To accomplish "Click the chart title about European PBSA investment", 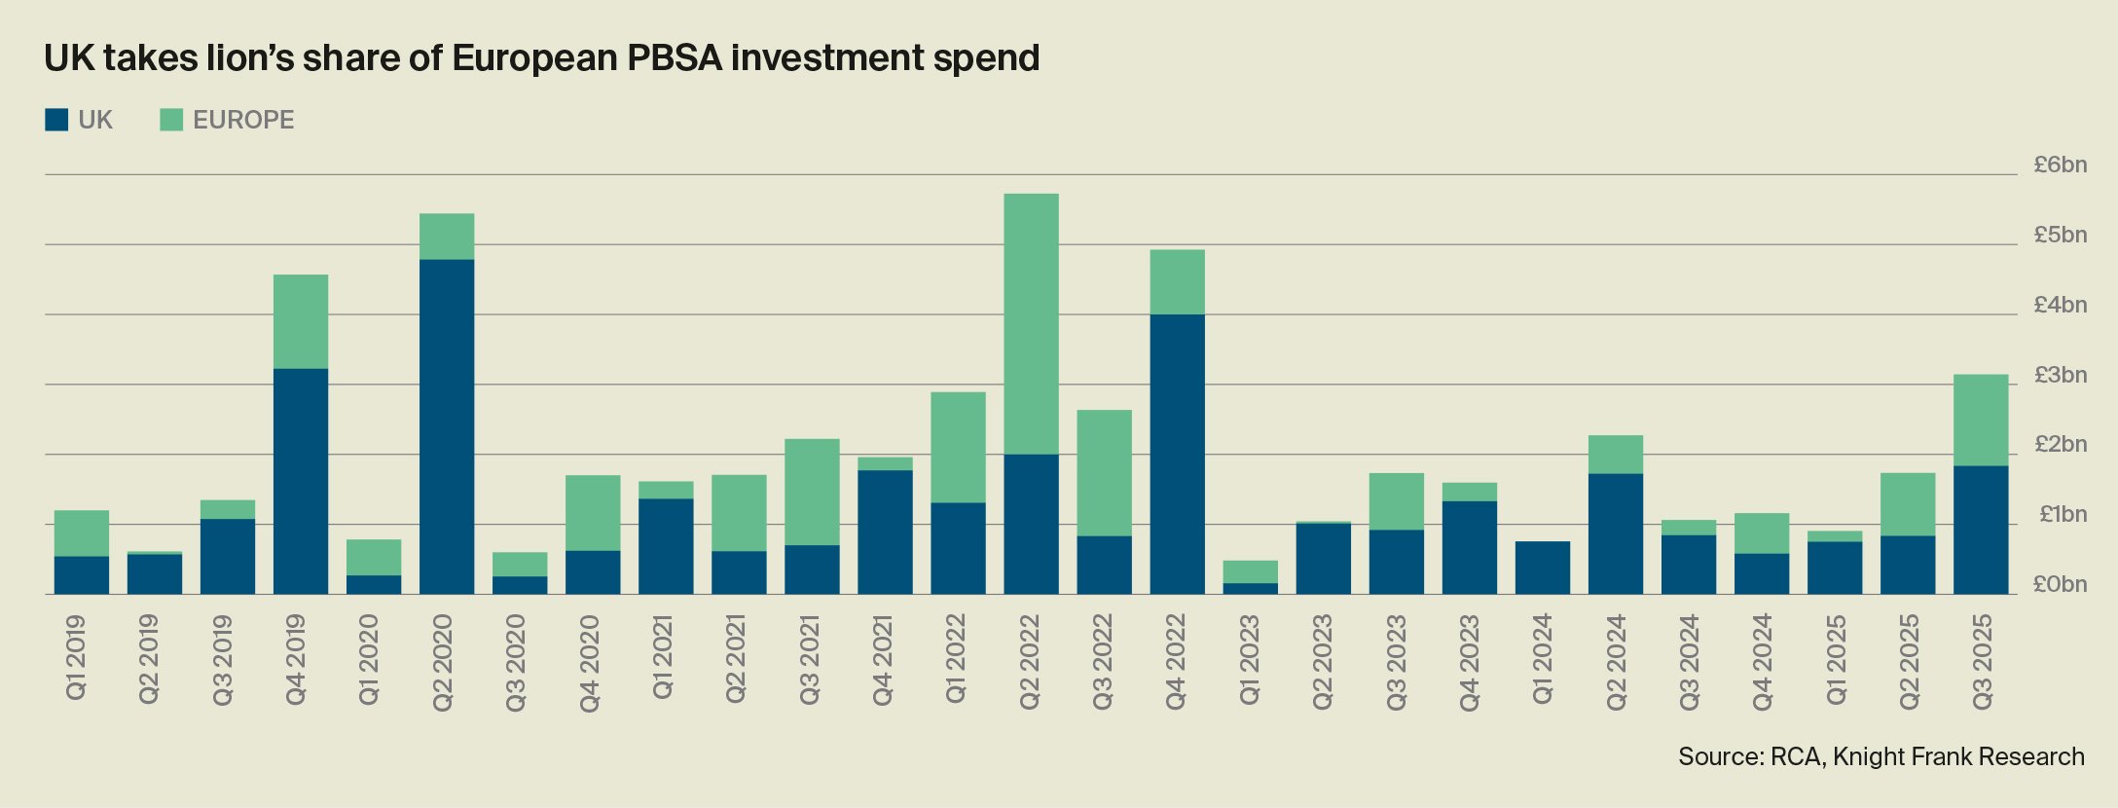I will pos(541,58).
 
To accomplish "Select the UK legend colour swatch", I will pos(56,120).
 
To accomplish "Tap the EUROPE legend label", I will pos(243,120).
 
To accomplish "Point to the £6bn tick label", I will pos(2060,165).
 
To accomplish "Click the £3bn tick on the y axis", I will pos(2060,376).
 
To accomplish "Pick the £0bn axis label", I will pos(2060,585).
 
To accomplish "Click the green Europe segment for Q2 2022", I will pos(1031,323).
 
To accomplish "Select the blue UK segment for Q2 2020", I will pos(447,426).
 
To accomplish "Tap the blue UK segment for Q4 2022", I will pos(1177,454).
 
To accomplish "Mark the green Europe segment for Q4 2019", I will pos(301,321).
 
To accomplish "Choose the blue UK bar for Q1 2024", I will pos(1542,568).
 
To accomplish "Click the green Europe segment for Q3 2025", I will pos(1981,420).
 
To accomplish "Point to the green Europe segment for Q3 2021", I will pos(812,492).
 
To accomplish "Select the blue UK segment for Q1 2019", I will pos(82,575).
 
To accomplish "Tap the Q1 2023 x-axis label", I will pos(1250,659).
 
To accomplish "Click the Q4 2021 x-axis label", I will pos(884,659).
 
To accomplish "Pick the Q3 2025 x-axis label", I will pos(1982,661).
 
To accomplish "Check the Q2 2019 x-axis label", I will pos(149,659).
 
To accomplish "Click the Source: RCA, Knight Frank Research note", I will pos(1881,757).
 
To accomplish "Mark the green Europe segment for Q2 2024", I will pos(1615,455).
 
